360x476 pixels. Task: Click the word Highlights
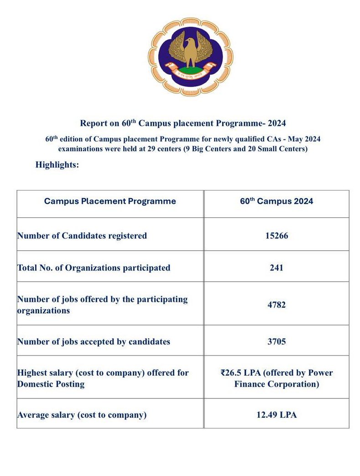click(57, 165)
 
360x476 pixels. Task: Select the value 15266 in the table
click(277, 236)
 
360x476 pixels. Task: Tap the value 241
click(277, 268)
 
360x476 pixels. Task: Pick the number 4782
click(277, 305)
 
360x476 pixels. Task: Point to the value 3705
click(277, 341)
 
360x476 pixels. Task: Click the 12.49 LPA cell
click(277, 415)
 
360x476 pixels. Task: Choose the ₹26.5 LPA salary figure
click(241, 373)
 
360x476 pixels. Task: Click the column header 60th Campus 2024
click(277, 201)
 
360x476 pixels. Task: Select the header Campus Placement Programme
click(110, 201)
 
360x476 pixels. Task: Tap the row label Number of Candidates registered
click(82, 236)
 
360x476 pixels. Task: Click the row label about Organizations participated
click(94, 268)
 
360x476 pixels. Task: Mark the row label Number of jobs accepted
click(94, 341)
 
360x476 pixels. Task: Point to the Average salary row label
click(82, 415)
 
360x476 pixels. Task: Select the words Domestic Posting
click(51, 384)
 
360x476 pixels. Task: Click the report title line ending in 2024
click(183, 123)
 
